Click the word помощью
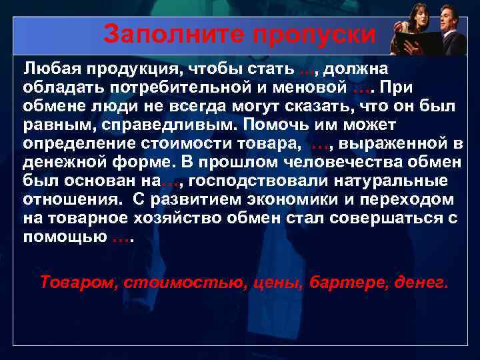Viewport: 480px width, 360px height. [63, 237]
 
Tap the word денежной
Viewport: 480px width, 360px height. [60, 163]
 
